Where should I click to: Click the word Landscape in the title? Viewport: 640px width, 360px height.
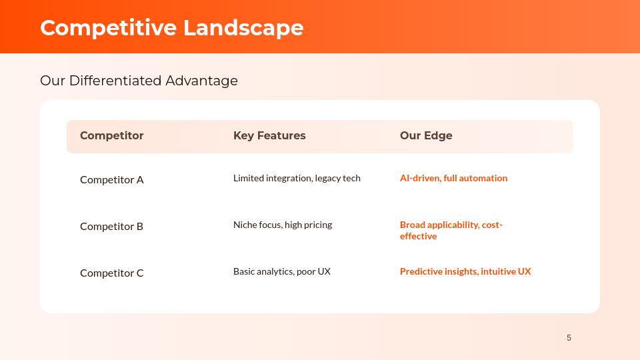[x=243, y=28]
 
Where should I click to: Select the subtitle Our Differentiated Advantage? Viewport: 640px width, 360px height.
[x=139, y=81]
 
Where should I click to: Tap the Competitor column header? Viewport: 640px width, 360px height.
[x=111, y=136]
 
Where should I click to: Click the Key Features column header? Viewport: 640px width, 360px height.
[x=269, y=136]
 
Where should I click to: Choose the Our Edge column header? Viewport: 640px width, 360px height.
[x=426, y=136]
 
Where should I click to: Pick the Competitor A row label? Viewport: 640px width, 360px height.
[x=111, y=179]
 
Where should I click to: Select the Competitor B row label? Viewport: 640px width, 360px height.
[x=111, y=226]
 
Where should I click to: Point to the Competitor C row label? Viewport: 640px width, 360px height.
[x=111, y=273]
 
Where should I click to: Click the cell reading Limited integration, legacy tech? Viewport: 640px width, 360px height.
[x=297, y=178]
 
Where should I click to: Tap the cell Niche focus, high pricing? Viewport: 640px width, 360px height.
[x=283, y=225]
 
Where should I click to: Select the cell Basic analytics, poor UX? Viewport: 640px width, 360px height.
[x=282, y=271]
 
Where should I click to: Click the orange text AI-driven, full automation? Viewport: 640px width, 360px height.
[x=453, y=178]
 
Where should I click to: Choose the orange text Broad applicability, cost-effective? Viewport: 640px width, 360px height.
[x=451, y=231]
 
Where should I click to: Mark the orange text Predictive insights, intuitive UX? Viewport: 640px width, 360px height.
[x=465, y=271]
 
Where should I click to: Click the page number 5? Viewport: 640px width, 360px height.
[x=569, y=338]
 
